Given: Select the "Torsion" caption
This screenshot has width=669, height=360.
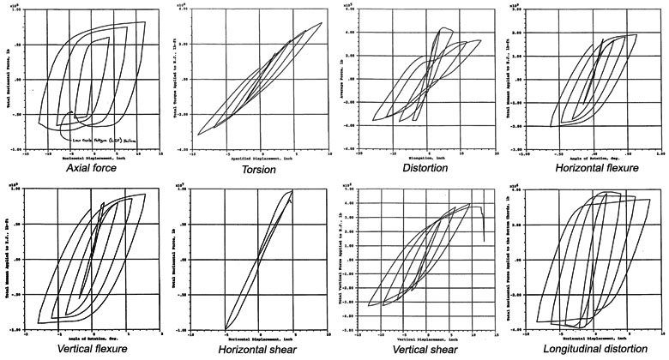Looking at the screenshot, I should point(256,170).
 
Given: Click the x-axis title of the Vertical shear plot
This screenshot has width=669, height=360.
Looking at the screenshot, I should point(423,339).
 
